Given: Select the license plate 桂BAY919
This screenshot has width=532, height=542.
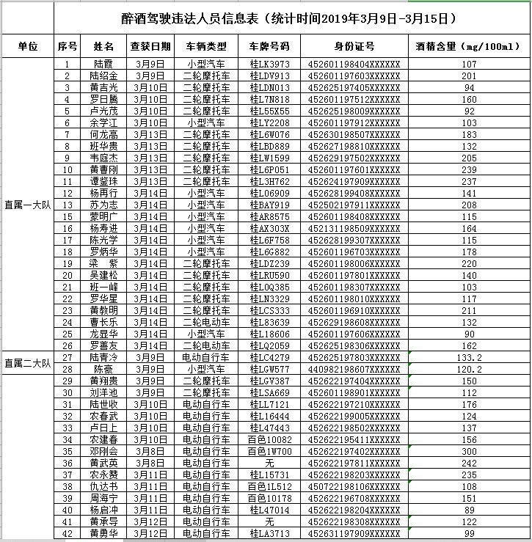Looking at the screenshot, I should (x=269, y=205).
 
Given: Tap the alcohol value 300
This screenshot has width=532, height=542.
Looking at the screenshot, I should (x=469, y=451).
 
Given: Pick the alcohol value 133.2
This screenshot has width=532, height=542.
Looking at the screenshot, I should (x=469, y=357).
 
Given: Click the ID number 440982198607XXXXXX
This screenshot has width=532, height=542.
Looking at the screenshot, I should (x=354, y=369).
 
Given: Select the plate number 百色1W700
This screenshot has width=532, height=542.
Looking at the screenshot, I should (x=269, y=451).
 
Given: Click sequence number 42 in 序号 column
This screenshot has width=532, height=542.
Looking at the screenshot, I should (x=68, y=533).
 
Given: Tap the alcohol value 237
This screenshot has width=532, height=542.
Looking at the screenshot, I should (x=469, y=181).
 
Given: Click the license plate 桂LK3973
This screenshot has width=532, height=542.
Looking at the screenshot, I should (x=269, y=65).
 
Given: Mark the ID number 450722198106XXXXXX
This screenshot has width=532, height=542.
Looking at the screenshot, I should (x=354, y=486).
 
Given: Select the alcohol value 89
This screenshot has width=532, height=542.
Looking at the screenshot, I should (x=469, y=510).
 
